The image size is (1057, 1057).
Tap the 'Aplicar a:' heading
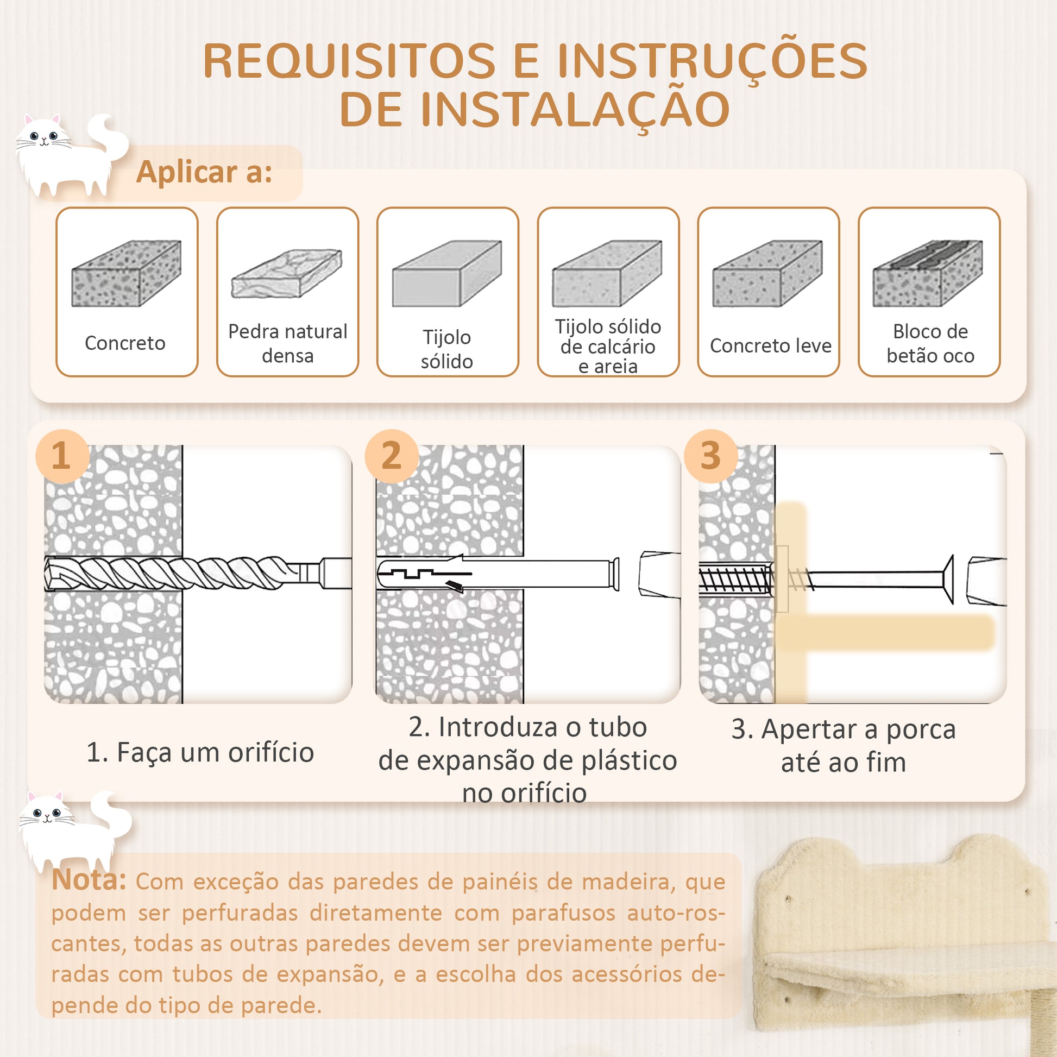204,172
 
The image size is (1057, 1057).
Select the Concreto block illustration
127,273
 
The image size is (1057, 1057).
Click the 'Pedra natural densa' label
287,344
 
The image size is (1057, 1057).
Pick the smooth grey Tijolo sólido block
447,273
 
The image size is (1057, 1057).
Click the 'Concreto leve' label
770,346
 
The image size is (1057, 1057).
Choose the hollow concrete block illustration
928,273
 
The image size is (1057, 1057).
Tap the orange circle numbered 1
62,456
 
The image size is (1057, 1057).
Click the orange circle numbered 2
391,456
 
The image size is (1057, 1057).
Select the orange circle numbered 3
710,456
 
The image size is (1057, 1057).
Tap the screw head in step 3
948,580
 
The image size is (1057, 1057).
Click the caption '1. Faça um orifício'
200,752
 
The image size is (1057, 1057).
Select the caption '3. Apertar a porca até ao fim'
843,745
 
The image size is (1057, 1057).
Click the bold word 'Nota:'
89,880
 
